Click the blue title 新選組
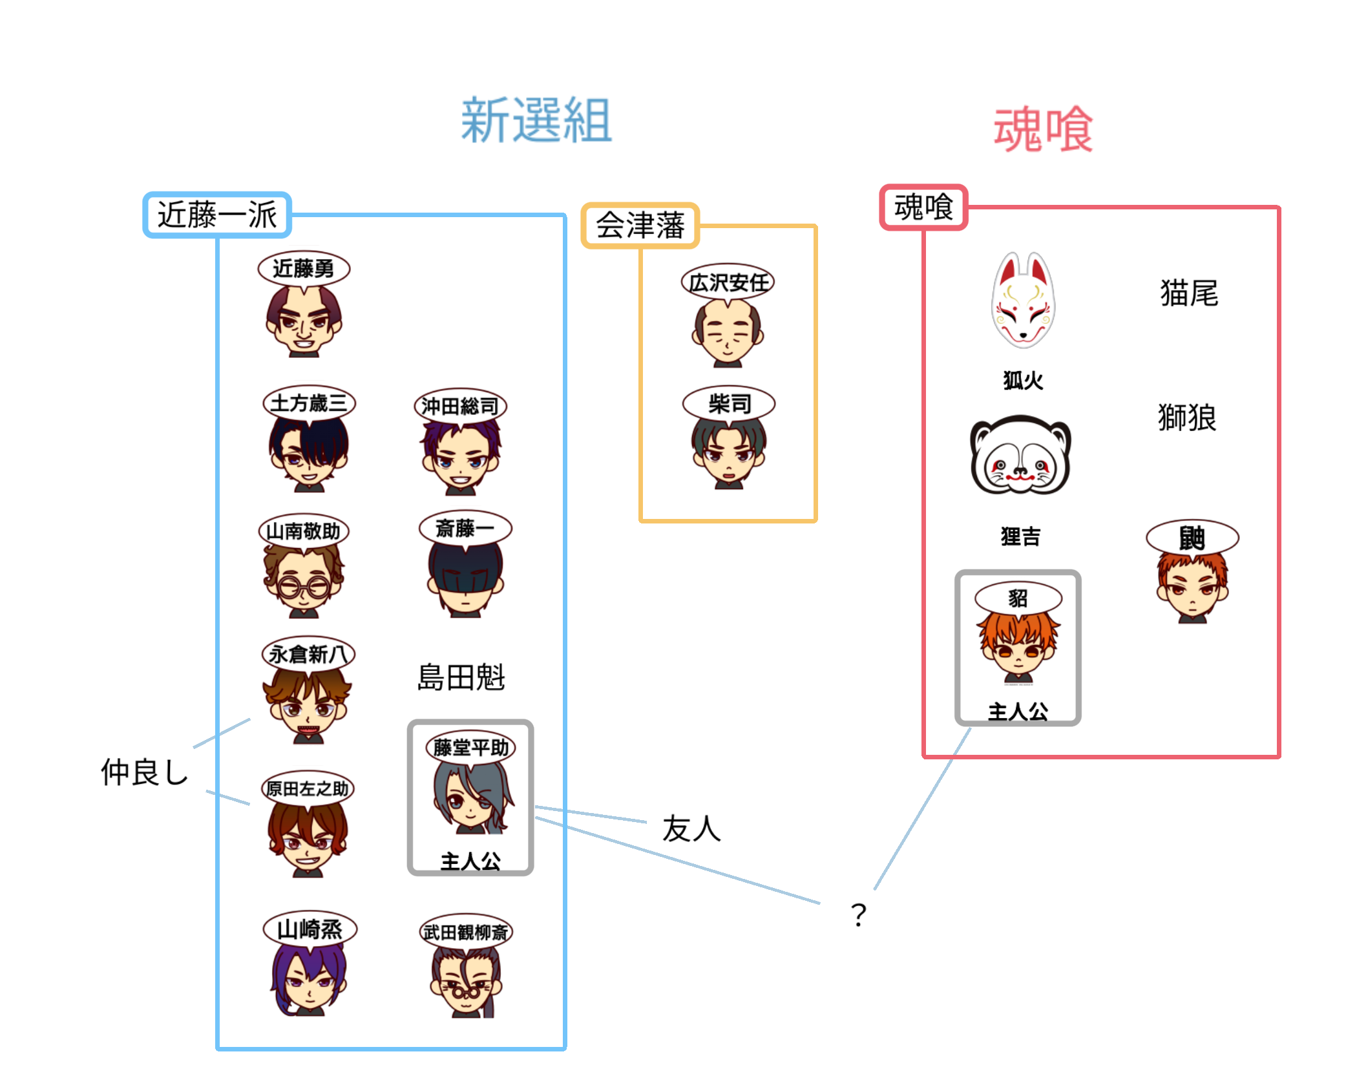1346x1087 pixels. [x=536, y=120]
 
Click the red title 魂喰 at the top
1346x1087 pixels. [x=1042, y=130]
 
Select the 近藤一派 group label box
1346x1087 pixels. [x=217, y=215]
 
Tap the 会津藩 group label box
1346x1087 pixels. [x=640, y=226]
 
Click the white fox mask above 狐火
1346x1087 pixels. [x=1023, y=301]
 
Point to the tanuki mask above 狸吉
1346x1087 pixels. [x=1020, y=456]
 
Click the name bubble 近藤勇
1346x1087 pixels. [x=303, y=268]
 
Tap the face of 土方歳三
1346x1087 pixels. [x=308, y=452]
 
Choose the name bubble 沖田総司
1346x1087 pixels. [x=460, y=406]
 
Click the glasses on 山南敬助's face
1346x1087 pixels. [x=304, y=587]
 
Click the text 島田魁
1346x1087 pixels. [x=461, y=677]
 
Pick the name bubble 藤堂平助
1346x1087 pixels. [x=470, y=748]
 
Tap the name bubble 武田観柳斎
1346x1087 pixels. [x=465, y=932]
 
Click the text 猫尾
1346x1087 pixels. [x=1189, y=293]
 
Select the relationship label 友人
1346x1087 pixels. [x=691, y=828]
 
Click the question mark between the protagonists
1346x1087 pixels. [x=858, y=914]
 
